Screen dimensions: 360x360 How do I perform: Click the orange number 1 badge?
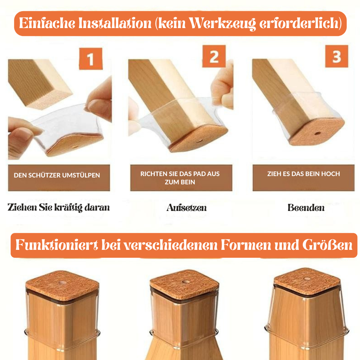tap(91, 59)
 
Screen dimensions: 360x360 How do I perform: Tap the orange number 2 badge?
tap(214, 56)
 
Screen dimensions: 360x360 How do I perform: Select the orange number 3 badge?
tap(337, 56)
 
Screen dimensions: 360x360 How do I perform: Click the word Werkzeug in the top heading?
tap(222, 24)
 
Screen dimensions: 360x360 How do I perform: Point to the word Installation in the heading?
tap(115, 23)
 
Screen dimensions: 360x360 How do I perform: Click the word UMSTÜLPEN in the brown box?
tap(81, 175)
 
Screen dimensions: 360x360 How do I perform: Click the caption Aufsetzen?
tap(186, 208)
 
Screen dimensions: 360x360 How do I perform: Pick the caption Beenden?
tap(306, 208)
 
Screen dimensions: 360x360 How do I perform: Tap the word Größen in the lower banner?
tap(327, 245)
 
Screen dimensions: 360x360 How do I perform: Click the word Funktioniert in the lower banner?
tap(57, 245)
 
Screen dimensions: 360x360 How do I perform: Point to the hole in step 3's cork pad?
tap(318, 133)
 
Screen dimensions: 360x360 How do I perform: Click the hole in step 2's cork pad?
tap(199, 141)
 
